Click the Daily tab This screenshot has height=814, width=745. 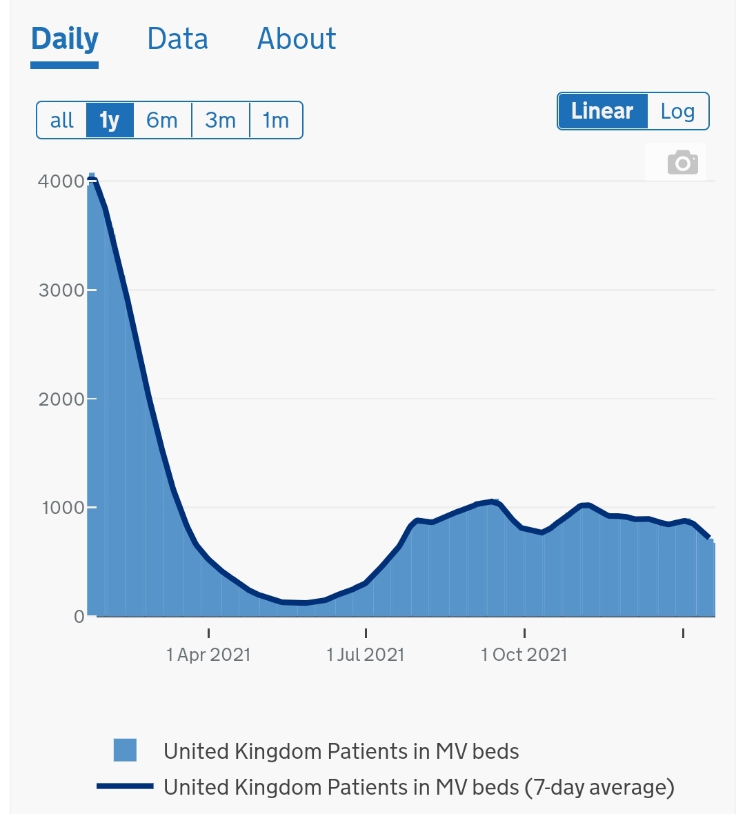coord(65,39)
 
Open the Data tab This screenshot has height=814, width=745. coord(177,39)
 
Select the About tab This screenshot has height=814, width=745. coord(297,39)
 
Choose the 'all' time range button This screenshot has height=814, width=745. coord(62,121)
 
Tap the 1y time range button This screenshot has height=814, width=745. coord(110,121)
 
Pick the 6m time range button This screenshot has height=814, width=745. coord(162,121)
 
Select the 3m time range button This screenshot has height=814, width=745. coord(221,121)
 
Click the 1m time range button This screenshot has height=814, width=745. coord(276,121)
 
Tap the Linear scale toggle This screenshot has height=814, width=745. coord(602,111)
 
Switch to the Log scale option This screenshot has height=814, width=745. coord(677,111)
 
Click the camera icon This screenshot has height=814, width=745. coord(682,163)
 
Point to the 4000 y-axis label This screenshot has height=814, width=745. coord(61,181)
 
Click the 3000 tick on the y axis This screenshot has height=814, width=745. coord(61,290)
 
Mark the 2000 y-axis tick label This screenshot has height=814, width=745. coord(61,399)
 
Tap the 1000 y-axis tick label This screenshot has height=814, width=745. coord(63,508)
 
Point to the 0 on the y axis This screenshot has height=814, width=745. coord(79,617)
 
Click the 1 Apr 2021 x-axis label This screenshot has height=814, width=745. coord(208,655)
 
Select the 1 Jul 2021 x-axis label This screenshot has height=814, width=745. coord(366,655)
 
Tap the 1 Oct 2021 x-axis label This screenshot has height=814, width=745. coord(524,655)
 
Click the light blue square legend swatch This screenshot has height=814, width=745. coord(125,750)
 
